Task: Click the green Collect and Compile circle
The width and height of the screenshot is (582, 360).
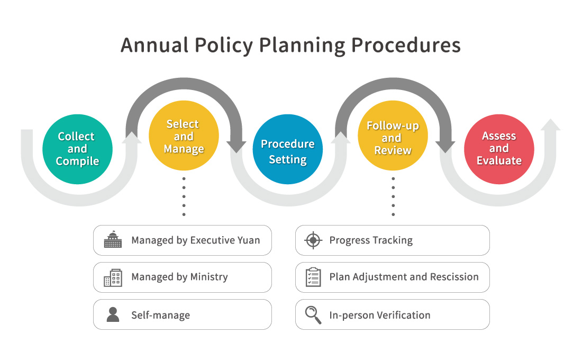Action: [x=77, y=149]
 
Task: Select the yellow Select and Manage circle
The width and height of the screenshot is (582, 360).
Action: [x=183, y=137]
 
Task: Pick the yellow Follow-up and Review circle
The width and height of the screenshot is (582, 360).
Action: [x=393, y=137]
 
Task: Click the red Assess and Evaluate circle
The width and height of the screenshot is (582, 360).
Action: [x=498, y=149]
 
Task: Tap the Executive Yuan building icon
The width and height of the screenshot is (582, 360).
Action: [x=113, y=240]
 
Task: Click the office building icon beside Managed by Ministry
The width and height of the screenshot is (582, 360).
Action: [x=113, y=277]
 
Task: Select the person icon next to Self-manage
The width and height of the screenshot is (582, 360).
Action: [x=113, y=314]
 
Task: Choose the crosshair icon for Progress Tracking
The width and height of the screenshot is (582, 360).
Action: [x=313, y=240]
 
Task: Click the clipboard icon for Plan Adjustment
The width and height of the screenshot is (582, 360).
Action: [x=313, y=277]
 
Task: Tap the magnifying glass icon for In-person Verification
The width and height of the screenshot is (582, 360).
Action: [x=313, y=314]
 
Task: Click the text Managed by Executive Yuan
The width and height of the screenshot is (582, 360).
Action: [x=195, y=240]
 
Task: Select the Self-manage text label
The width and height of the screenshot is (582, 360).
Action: [x=160, y=316]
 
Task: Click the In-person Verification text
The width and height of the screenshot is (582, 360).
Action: [x=379, y=315]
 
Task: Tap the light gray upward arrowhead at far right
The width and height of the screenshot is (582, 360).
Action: [x=551, y=125]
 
